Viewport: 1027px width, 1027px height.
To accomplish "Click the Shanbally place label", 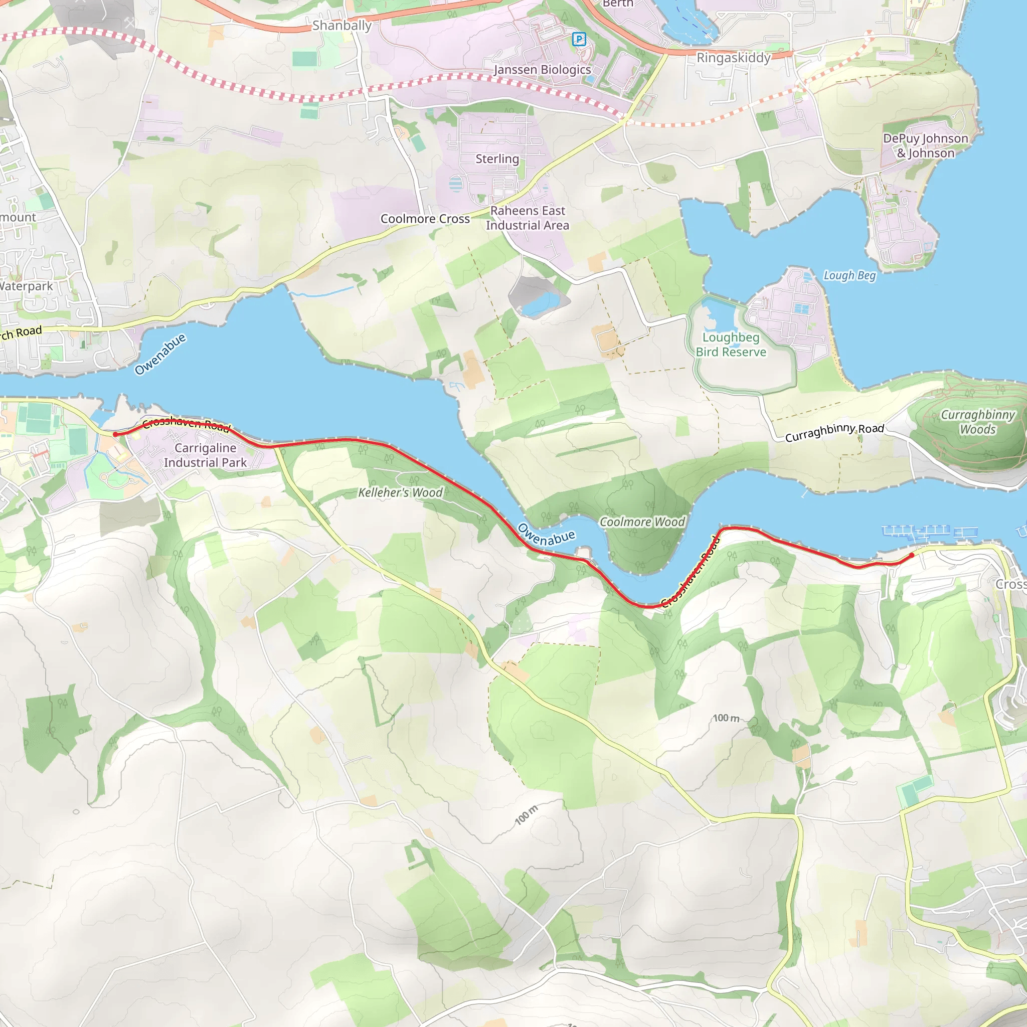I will point(342,26).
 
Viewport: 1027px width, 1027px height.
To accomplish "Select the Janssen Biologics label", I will point(542,70).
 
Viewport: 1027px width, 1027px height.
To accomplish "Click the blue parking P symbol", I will point(579,39).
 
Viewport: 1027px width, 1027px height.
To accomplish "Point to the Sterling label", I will point(497,159).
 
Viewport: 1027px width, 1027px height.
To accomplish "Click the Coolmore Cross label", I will point(425,219).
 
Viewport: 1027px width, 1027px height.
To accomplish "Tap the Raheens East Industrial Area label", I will point(528,218).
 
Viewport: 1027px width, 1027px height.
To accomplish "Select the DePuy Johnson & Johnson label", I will point(926,145).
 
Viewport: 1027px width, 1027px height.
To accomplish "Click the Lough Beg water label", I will point(849,275).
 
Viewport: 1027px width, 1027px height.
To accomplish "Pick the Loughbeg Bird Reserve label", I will point(731,345).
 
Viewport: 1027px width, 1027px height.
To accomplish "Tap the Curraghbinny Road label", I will point(834,432).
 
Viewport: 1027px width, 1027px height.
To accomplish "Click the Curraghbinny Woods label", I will point(977,422).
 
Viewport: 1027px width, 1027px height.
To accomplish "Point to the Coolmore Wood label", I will point(642,522).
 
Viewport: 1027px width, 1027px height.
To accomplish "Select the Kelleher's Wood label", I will point(400,493).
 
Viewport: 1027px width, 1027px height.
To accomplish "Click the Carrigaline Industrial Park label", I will point(205,455).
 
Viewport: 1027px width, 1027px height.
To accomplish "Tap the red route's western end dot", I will point(115,434).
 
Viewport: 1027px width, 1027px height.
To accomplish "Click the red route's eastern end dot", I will point(912,555).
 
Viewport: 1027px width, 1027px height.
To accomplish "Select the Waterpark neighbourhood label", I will point(27,286).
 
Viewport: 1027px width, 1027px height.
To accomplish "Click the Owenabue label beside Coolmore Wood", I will point(546,535).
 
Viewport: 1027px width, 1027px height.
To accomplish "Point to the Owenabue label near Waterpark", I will point(160,354).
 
